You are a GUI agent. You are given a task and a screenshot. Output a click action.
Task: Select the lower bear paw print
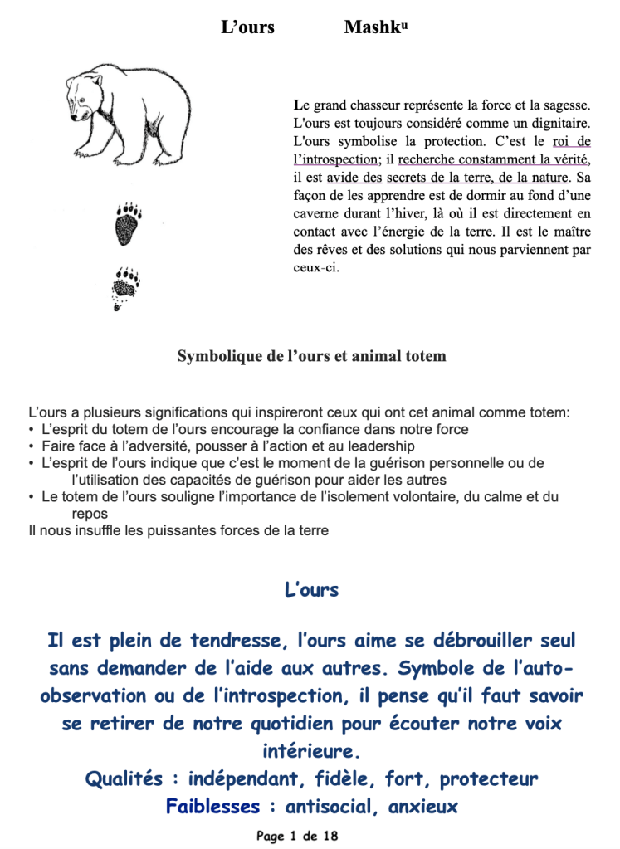point(124,287)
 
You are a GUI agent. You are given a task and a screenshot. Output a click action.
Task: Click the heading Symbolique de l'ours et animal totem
point(311,357)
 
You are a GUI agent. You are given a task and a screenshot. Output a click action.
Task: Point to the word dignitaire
point(558,123)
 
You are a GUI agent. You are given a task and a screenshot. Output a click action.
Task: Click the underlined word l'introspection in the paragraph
point(335,159)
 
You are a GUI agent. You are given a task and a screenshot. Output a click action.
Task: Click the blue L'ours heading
point(311,590)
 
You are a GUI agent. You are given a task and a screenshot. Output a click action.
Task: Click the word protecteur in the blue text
point(489,779)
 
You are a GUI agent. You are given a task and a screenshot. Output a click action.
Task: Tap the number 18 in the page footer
point(330,836)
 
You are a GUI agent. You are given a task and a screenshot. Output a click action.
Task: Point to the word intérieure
point(311,752)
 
